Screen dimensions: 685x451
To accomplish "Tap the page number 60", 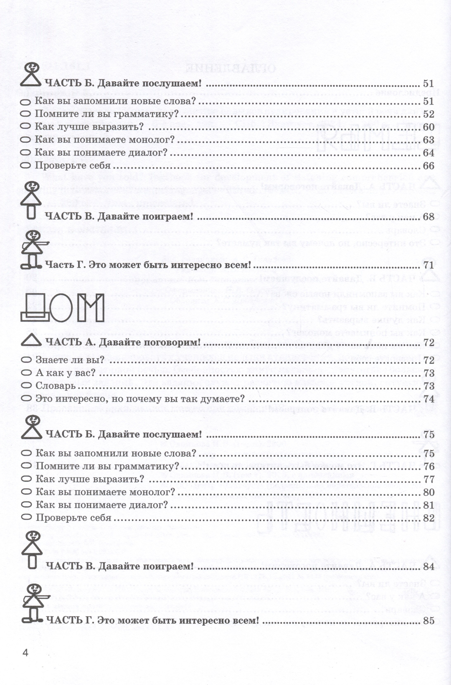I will (428, 127).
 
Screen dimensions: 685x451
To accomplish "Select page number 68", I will (428, 217).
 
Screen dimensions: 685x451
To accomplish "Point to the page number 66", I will (428, 166).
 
